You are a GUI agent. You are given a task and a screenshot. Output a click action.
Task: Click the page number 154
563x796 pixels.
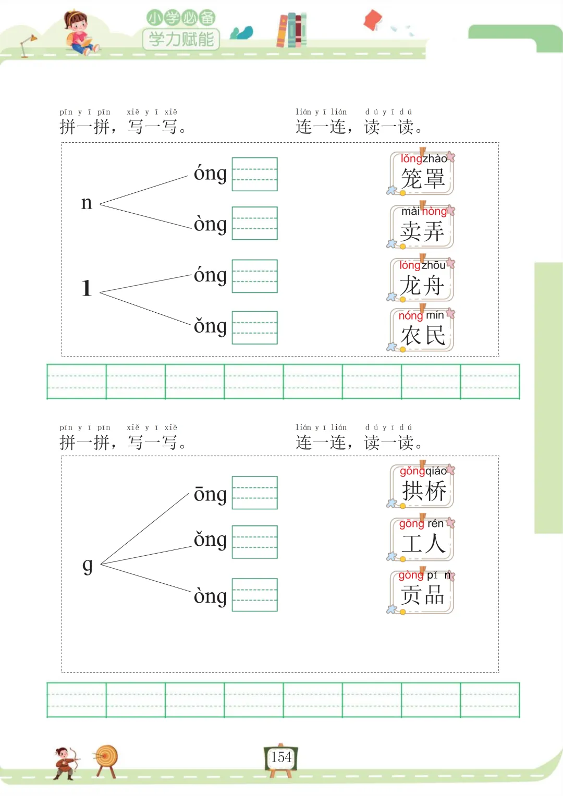(281, 757)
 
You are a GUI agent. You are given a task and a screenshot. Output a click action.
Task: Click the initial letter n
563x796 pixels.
(87, 203)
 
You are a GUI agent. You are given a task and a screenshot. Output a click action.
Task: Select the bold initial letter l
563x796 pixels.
(87, 288)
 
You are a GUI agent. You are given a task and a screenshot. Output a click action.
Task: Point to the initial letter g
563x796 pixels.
(88, 565)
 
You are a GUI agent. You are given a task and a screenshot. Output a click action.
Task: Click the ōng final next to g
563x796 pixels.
(210, 494)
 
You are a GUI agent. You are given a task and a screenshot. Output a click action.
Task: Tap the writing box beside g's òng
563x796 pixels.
(254, 595)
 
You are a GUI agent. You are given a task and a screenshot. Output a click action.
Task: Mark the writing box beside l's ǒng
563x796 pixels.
(254, 327)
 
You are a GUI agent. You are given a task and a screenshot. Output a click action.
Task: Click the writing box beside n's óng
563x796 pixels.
(254, 174)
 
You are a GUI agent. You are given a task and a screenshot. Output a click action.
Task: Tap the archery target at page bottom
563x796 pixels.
(106, 760)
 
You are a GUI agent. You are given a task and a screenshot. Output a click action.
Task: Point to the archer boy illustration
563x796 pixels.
(66, 763)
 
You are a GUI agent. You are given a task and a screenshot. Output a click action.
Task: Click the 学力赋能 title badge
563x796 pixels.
(181, 39)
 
